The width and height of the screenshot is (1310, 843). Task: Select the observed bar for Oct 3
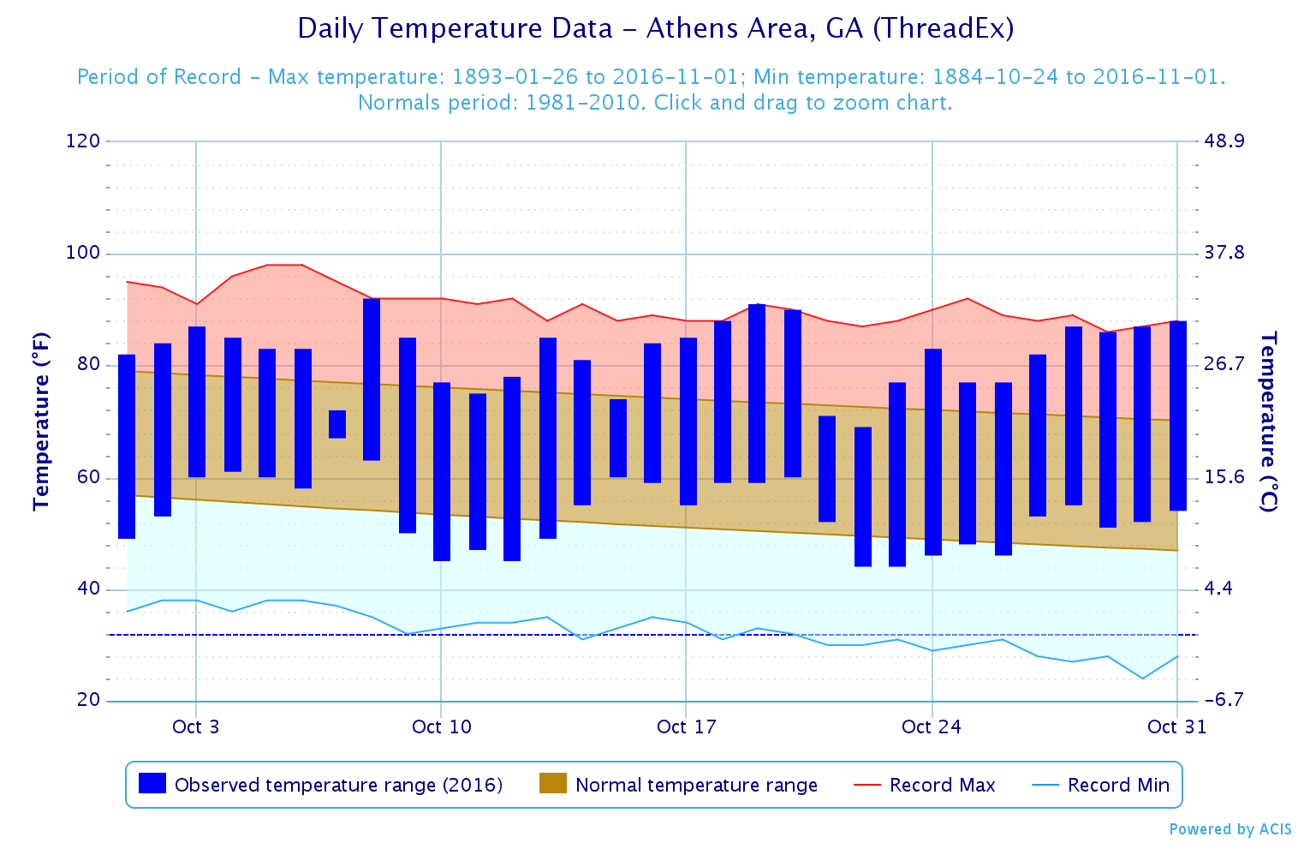pyautogui.click(x=197, y=401)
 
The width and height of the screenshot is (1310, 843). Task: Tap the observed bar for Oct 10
pyautogui.click(x=442, y=471)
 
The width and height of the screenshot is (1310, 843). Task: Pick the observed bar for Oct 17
pyautogui.click(x=688, y=421)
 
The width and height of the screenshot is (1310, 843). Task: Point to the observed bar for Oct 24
pyautogui.click(x=933, y=451)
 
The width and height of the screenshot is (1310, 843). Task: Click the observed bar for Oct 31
pyautogui.click(x=1178, y=416)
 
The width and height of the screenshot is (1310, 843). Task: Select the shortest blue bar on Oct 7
pyautogui.click(x=337, y=424)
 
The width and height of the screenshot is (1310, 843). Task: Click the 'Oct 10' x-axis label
pyautogui.click(x=441, y=727)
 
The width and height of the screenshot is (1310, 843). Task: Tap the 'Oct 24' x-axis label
pyautogui.click(x=931, y=727)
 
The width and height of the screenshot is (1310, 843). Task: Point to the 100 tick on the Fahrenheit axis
pyautogui.click(x=83, y=254)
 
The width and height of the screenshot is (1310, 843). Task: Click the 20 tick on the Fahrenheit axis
pyautogui.click(x=89, y=701)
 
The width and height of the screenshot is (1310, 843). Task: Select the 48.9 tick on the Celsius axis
pyautogui.click(x=1224, y=141)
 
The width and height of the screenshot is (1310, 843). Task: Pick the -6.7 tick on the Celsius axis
pyautogui.click(x=1224, y=701)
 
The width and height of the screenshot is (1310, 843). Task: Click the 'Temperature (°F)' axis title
pyautogui.click(x=41, y=421)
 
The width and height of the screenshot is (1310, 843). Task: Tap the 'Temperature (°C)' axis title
pyautogui.click(x=1269, y=421)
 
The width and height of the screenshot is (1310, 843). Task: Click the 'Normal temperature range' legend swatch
pyautogui.click(x=553, y=783)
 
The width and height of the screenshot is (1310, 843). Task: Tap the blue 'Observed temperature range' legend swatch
pyautogui.click(x=152, y=783)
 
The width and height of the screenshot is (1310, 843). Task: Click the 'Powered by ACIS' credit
pyautogui.click(x=1230, y=829)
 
